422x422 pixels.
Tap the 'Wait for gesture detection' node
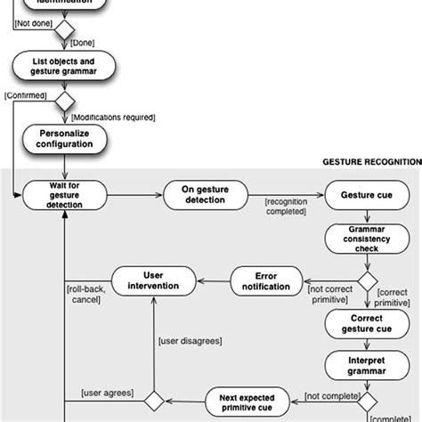[64, 196]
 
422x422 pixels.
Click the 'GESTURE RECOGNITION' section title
[370, 163]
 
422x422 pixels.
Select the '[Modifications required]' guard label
[112, 117]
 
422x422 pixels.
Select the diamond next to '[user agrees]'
[153, 400]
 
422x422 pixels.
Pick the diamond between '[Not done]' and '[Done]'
[64, 29]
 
